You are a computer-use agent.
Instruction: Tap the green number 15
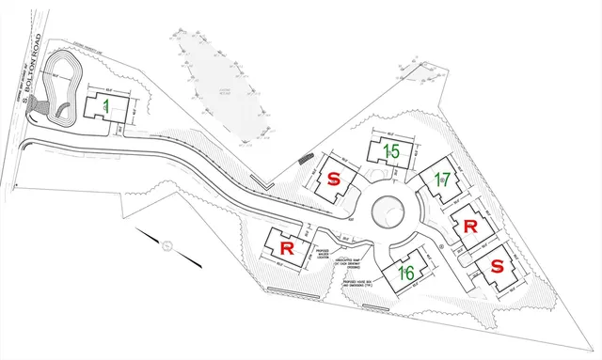(x=391, y=151)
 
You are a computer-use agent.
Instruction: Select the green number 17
(x=443, y=180)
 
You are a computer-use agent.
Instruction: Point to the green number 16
(x=406, y=273)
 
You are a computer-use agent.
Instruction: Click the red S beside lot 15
(x=334, y=179)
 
